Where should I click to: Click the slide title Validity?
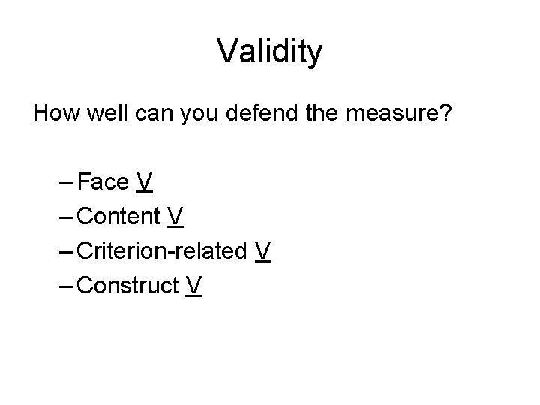[270, 52]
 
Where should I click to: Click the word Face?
[103, 182]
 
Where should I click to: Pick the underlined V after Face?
[145, 182]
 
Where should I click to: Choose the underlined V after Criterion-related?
[262, 250]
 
